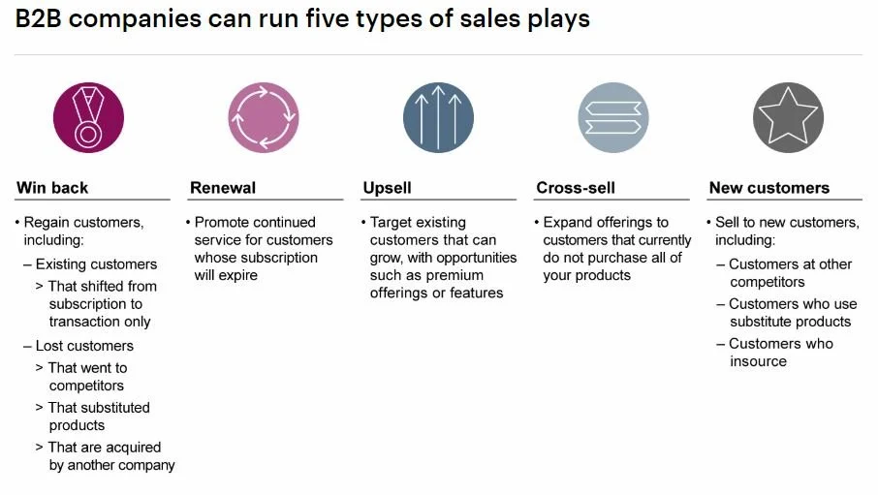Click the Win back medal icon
click(88, 118)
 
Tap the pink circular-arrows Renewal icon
click(264, 118)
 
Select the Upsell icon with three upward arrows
click(438, 118)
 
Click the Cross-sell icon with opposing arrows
click(612, 118)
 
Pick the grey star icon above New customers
click(788, 118)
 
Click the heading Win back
click(52, 188)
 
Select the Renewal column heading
click(223, 188)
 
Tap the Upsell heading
click(387, 188)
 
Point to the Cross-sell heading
click(576, 188)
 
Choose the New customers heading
click(769, 188)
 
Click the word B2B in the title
click(38, 19)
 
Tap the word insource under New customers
click(758, 361)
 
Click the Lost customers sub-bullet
click(84, 346)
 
